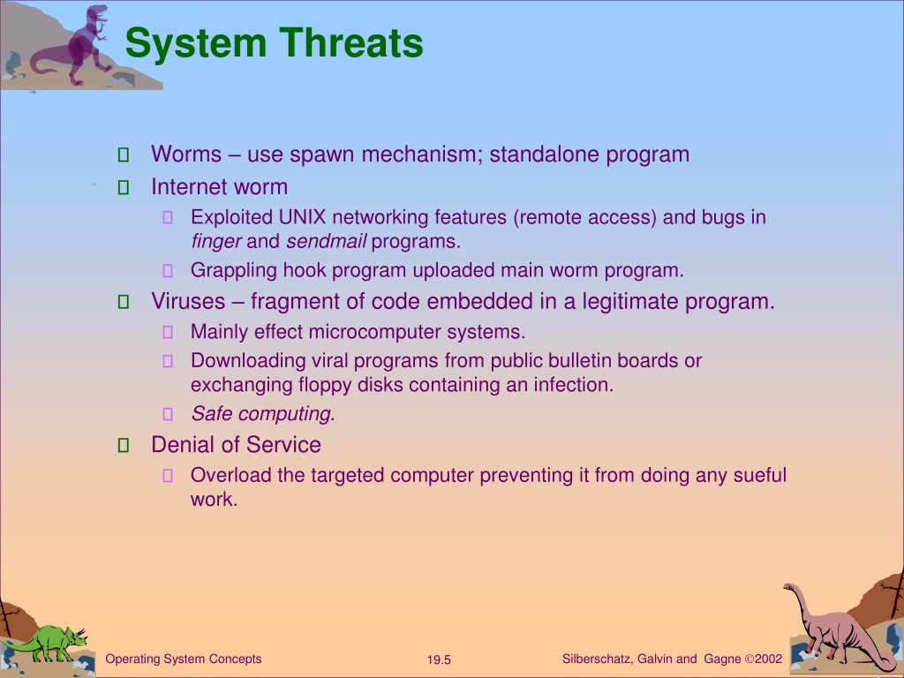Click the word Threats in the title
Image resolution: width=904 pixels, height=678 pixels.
tap(351, 43)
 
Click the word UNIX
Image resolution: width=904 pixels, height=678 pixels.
tap(302, 217)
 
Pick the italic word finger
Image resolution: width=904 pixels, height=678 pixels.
tap(216, 241)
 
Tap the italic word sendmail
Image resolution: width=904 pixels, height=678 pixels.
tap(326, 241)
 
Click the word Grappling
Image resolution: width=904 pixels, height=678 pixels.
tap(234, 270)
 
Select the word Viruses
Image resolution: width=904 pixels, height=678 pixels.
tap(188, 302)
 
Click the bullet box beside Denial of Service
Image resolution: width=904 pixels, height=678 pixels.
tap(124, 445)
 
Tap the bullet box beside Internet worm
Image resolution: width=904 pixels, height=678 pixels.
tap(124, 187)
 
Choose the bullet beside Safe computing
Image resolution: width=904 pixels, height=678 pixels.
tap(168, 414)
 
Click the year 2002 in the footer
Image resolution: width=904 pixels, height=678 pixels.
tap(769, 659)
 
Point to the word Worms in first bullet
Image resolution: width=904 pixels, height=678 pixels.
tap(186, 154)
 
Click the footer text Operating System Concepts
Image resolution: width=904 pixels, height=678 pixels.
tap(184, 659)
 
